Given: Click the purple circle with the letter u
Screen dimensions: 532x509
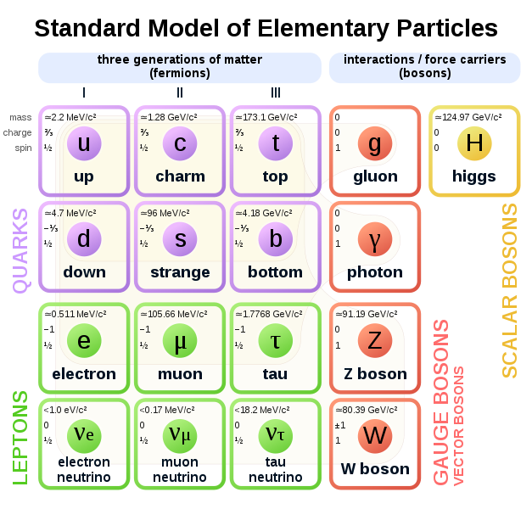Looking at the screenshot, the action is (x=84, y=143).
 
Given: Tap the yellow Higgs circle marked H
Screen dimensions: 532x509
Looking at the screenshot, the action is (x=474, y=143).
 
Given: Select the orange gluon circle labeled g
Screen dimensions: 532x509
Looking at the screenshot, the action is (x=375, y=143).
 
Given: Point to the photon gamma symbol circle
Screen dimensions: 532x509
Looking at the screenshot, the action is (x=375, y=239).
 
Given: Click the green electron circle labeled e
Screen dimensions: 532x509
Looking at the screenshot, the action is (x=84, y=340).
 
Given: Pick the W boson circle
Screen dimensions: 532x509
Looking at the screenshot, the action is (x=375, y=436).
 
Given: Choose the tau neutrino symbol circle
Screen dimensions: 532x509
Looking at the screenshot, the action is (x=276, y=436).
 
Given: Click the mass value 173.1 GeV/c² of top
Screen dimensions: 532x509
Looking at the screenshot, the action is (x=266, y=117).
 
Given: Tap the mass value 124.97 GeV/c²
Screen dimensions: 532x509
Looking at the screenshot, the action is (x=468, y=117).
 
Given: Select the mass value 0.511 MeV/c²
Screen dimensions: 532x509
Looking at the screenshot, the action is (x=76, y=314).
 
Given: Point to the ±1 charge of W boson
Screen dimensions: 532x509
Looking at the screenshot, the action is (x=340, y=425).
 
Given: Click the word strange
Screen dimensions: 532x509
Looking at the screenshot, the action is (x=180, y=272).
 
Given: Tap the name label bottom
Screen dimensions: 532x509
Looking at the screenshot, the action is (x=275, y=272).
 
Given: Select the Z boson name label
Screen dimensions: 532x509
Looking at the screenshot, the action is (x=375, y=374).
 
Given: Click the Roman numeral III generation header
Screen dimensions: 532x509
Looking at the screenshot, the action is (x=276, y=92).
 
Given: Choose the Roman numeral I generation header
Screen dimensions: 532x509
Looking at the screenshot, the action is (x=84, y=92).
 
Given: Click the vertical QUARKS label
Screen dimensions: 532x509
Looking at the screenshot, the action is (x=20, y=250).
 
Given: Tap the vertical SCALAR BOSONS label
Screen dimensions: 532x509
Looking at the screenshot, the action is (x=510, y=290).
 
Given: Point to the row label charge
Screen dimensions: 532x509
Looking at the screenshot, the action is (x=17, y=132).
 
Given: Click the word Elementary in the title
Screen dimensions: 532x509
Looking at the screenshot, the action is (x=323, y=29).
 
